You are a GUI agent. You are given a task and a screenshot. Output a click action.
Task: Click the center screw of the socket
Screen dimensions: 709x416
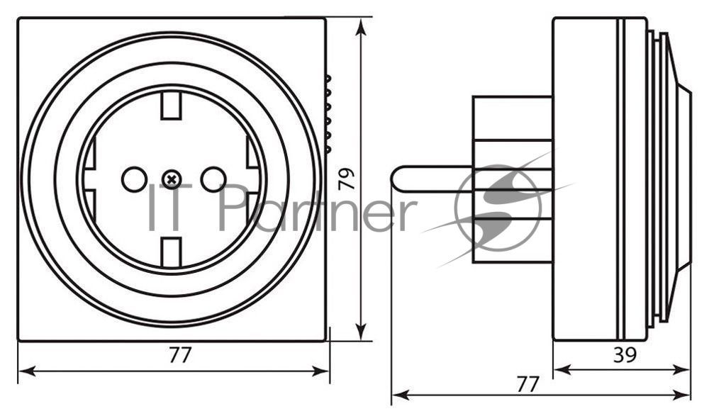[172, 179]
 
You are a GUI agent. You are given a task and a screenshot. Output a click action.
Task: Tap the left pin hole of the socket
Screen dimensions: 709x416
[134, 179]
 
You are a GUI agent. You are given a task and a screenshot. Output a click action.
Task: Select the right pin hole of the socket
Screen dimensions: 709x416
[213, 179]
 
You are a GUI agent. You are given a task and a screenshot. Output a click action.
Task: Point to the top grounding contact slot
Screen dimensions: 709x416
[172, 105]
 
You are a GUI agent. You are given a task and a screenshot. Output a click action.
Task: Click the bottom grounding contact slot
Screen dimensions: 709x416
[172, 252]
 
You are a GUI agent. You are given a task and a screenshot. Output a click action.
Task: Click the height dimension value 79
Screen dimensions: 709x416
[347, 179]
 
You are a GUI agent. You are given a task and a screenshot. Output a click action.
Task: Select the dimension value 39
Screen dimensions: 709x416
[625, 356]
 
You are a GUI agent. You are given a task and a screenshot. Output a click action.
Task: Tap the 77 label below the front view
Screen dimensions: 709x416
[180, 356]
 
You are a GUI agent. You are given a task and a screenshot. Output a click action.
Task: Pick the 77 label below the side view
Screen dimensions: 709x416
[528, 384]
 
